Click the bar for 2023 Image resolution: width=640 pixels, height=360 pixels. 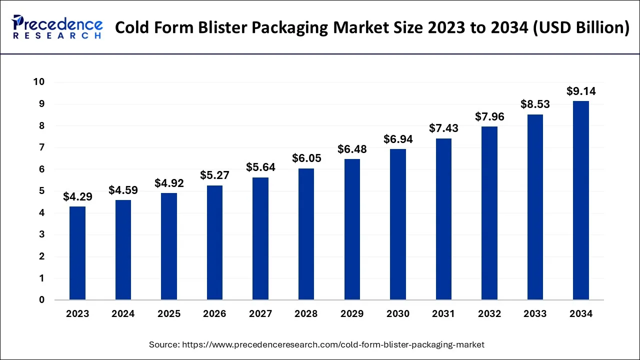click(77, 253)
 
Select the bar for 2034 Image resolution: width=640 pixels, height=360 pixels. click(580, 200)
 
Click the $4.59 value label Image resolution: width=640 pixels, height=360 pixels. click(123, 190)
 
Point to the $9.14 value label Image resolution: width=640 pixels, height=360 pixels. click(581, 91)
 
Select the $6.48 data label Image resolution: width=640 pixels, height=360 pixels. click(352, 149)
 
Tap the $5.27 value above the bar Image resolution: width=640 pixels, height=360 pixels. click(214, 175)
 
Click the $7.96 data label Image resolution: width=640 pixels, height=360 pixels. click(489, 117)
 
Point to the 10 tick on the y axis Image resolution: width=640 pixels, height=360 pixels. click(38, 82)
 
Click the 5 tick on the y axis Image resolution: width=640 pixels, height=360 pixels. click(42, 191)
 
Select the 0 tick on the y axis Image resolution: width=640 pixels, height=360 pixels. click(42, 300)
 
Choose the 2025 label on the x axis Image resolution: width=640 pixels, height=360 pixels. click(169, 314)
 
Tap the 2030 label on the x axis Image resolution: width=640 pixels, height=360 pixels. click(398, 314)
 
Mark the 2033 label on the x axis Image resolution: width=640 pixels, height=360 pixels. click(535, 314)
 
